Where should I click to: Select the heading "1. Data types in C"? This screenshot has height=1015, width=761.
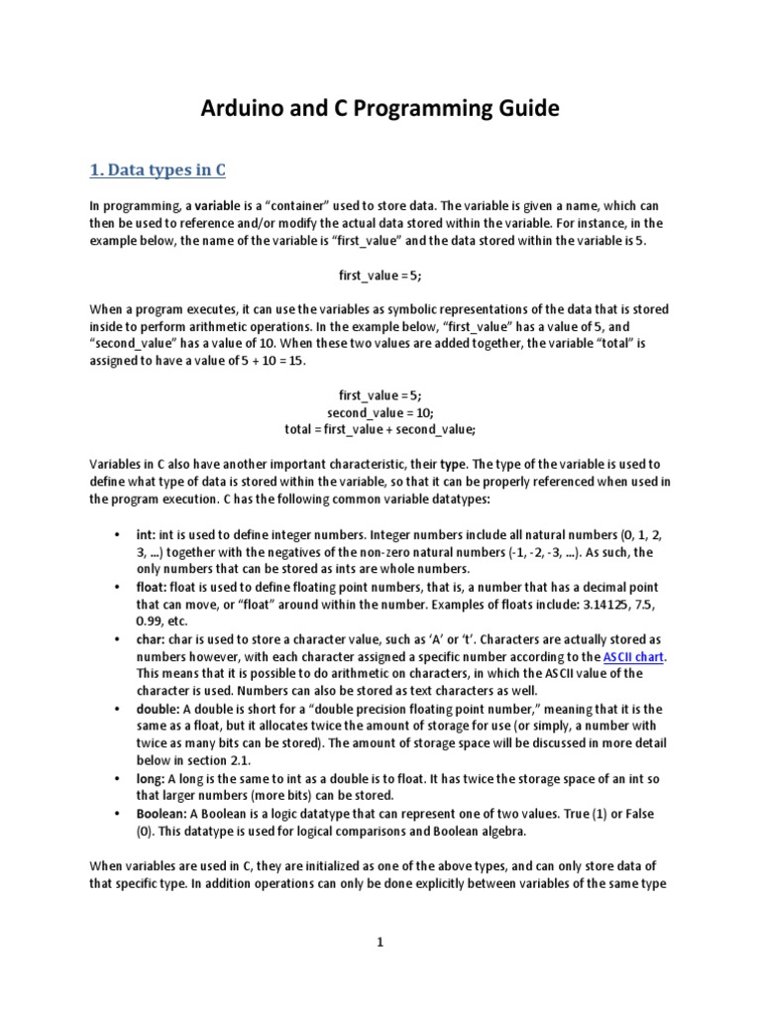159,170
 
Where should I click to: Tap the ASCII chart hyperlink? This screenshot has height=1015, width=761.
634,657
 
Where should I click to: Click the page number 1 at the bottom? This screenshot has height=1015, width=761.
380,943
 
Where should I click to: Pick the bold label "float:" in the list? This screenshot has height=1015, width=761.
152,587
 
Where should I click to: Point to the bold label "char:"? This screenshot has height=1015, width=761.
151,639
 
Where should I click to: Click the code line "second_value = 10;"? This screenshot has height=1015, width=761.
380,411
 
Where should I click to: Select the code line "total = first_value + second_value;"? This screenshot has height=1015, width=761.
380,428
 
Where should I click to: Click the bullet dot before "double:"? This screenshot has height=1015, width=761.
117,710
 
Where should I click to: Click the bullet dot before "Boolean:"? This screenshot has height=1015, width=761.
117,815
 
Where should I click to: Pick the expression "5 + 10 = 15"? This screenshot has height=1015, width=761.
272,361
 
